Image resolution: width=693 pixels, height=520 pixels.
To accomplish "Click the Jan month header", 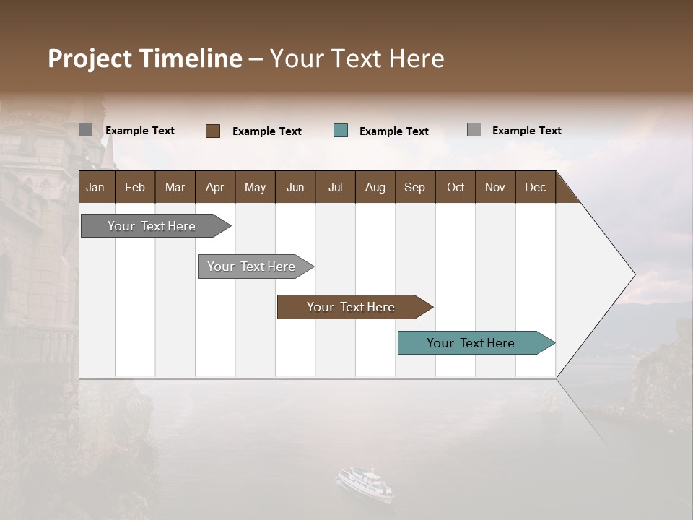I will [x=95, y=187].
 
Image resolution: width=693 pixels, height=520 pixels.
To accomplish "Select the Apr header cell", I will [x=214, y=187].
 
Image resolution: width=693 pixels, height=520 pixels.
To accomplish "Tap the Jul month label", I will [x=335, y=187].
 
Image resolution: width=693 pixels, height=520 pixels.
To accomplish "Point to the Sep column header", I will [x=414, y=187].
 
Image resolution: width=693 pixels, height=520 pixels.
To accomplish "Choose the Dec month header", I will [x=535, y=187].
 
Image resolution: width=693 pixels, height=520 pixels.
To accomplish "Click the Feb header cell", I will [x=135, y=187].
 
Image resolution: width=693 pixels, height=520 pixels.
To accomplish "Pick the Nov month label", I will [x=494, y=187].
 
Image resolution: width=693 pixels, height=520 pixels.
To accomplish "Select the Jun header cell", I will [x=295, y=187].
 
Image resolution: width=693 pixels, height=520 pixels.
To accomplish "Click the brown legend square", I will [x=213, y=131].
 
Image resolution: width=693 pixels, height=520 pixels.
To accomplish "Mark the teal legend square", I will [x=341, y=131].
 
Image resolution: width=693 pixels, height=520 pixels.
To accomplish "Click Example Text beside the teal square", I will [x=393, y=131].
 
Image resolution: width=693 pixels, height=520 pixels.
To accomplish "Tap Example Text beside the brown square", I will [x=266, y=131].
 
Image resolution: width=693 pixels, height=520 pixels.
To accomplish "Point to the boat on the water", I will [x=366, y=482].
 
